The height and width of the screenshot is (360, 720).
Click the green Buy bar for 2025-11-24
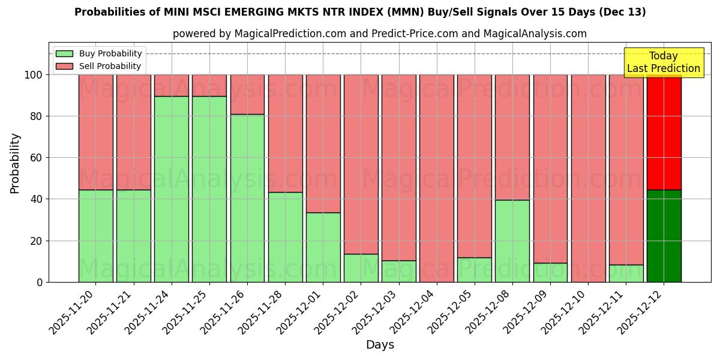click(172, 189)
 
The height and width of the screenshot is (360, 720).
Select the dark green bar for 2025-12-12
click(664, 236)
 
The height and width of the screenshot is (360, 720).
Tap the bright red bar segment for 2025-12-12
click(664, 132)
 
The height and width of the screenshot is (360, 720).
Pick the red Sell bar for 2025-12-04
click(437, 178)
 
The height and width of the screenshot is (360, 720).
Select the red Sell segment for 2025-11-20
click(96, 132)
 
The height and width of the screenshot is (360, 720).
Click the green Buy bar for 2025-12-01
click(323, 247)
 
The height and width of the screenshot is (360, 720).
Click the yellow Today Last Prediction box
click(664, 62)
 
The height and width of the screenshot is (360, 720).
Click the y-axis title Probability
click(15, 163)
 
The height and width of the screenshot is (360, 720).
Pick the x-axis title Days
click(380, 345)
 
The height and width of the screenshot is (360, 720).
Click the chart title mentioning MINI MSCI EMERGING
click(360, 12)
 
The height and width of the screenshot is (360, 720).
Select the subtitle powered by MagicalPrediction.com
click(380, 34)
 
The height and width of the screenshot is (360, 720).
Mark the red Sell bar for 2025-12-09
click(550, 169)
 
